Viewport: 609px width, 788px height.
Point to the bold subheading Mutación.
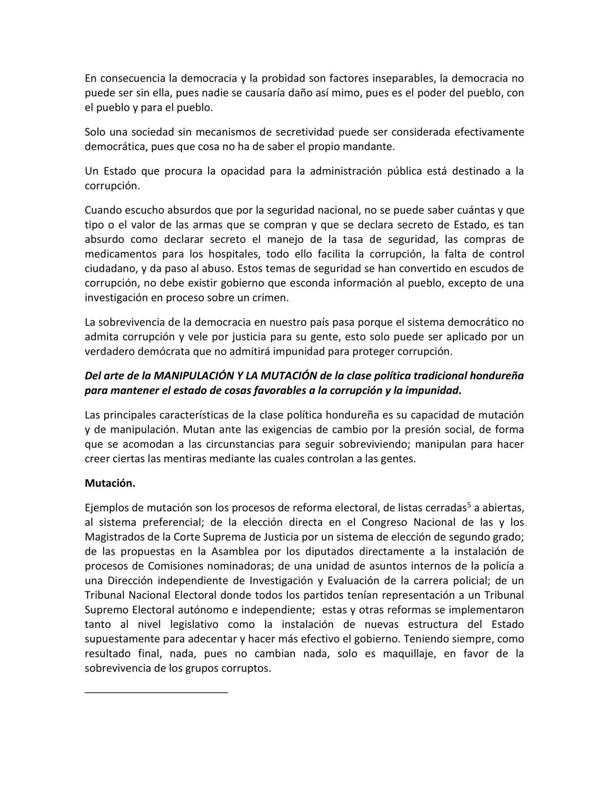pyautogui.click(x=110, y=484)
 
